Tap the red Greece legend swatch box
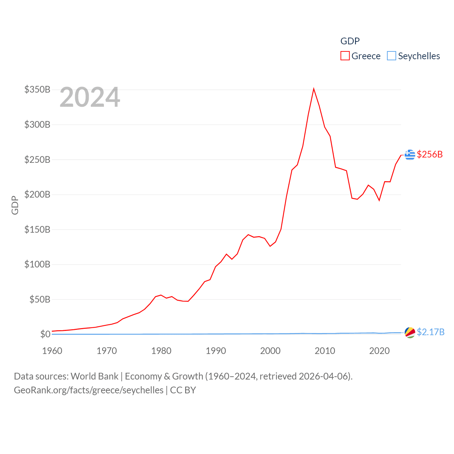(x=345, y=56)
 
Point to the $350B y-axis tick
(x=37, y=89)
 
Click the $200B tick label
(x=37, y=194)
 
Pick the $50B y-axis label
(x=40, y=299)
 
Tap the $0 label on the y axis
(x=45, y=334)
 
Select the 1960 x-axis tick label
(x=52, y=351)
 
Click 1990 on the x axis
(x=216, y=351)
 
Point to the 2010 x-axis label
(x=325, y=351)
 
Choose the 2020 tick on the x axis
(x=380, y=351)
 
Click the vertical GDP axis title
(x=15, y=205)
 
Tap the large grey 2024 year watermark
(x=90, y=97)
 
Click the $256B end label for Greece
(x=430, y=154)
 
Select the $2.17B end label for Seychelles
(x=431, y=332)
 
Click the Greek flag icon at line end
(x=410, y=155)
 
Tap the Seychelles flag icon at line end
(x=410, y=332)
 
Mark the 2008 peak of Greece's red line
(x=314, y=89)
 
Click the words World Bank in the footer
(x=94, y=376)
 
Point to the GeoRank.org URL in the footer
(x=89, y=390)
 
